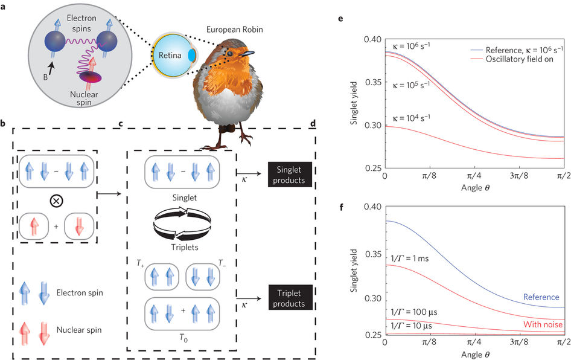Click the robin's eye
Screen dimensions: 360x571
point(231,53)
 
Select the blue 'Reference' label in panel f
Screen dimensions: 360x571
point(541,298)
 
